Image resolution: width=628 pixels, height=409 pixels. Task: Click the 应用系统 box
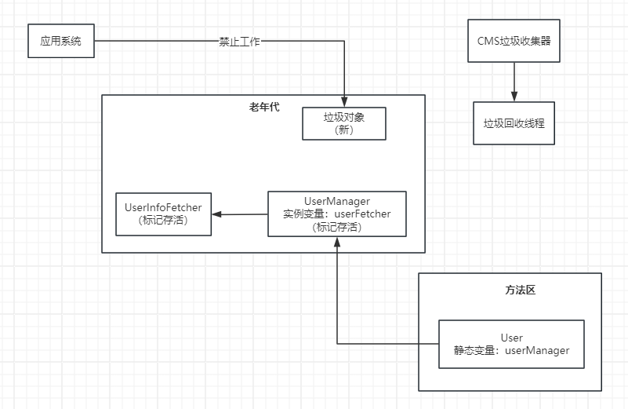click(60, 41)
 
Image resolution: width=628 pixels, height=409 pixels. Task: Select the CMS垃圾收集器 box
click(514, 41)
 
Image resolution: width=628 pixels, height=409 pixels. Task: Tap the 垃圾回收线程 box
click(514, 123)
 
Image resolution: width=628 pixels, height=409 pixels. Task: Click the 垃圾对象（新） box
click(344, 123)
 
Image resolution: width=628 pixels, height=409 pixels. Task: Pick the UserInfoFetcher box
click(163, 214)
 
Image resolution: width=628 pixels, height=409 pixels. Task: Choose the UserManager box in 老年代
click(337, 214)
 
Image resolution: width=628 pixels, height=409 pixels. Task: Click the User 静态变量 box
click(511, 344)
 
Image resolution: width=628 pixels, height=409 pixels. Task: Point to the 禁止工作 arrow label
click(239, 42)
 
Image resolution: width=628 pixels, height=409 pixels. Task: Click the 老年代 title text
click(263, 107)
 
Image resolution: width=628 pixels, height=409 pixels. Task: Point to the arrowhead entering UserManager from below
click(337, 242)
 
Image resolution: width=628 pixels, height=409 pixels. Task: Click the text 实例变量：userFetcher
click(337, 214)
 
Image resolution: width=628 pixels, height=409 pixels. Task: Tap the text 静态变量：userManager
click(511, 350)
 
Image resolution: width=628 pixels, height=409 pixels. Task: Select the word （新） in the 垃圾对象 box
click(344, 130)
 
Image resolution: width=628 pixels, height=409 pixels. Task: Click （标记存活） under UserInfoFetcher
click(163, 221)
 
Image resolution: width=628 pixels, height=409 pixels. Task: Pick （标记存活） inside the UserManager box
click(337, 226)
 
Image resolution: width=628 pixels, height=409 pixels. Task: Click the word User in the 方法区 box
click(511, 338)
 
